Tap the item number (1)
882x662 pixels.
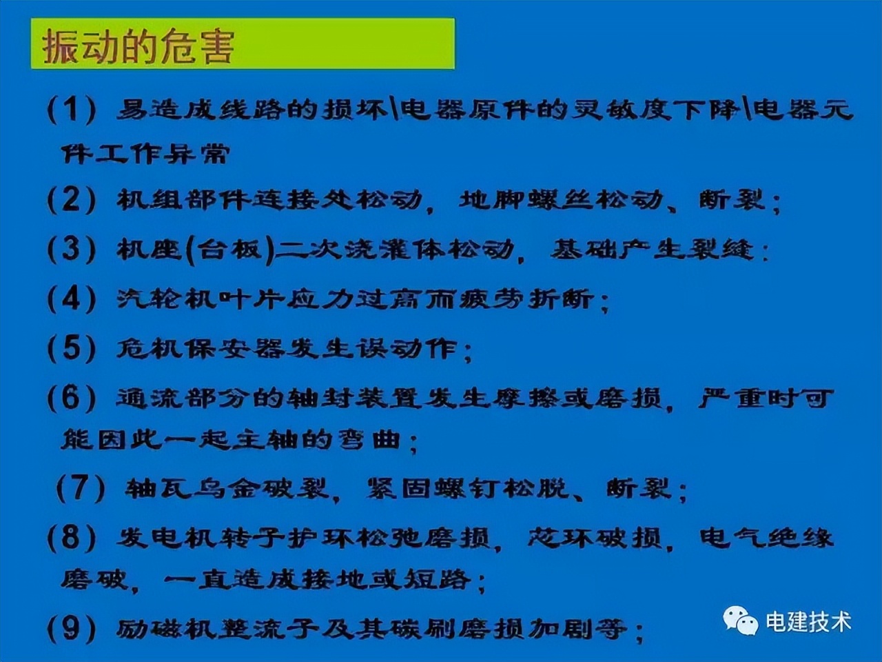pyautogui.click(x=72, y=110)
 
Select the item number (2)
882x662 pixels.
pyautogui.click(x=72, y=200)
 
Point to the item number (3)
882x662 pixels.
pyautogui.click(x=72, y=249)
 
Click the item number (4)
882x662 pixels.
pyautogui.click(x=72, y=299)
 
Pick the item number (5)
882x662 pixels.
pyautogui.click(x=72, y=348)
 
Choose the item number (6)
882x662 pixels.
pyautogui.click(x=72, y=398)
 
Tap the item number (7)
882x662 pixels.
pyautogui.click(x=81, y=489)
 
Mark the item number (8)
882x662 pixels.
pyautogui.click(x=72, y=538)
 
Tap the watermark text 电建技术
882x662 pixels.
pyautogui.click(x=808, y=621)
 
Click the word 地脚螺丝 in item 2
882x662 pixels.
pyautogui.click(x=525, y=200)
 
